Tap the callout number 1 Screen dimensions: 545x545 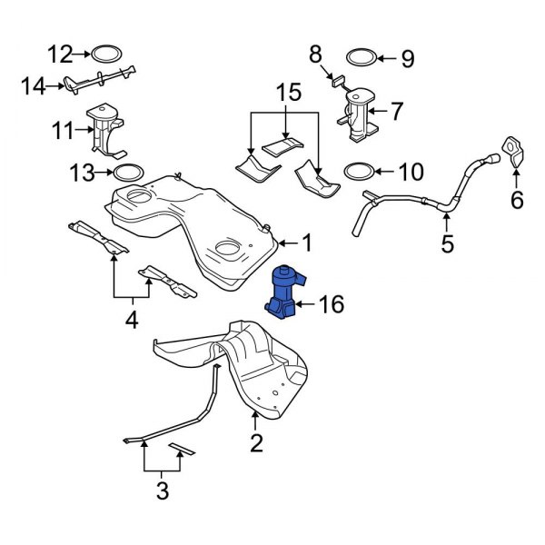coord(307,243)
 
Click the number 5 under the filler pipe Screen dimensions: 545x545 coord(446,243)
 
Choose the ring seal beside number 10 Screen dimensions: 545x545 coord(359,170)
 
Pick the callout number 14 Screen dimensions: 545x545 coord(33,86)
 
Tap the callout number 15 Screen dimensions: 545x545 coord(287,93)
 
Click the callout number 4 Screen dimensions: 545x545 coord(132,319)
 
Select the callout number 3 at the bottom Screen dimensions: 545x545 coord(163,491)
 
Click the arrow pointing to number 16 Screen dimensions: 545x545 coord(309,304)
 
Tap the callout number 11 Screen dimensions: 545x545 coord(63,130)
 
